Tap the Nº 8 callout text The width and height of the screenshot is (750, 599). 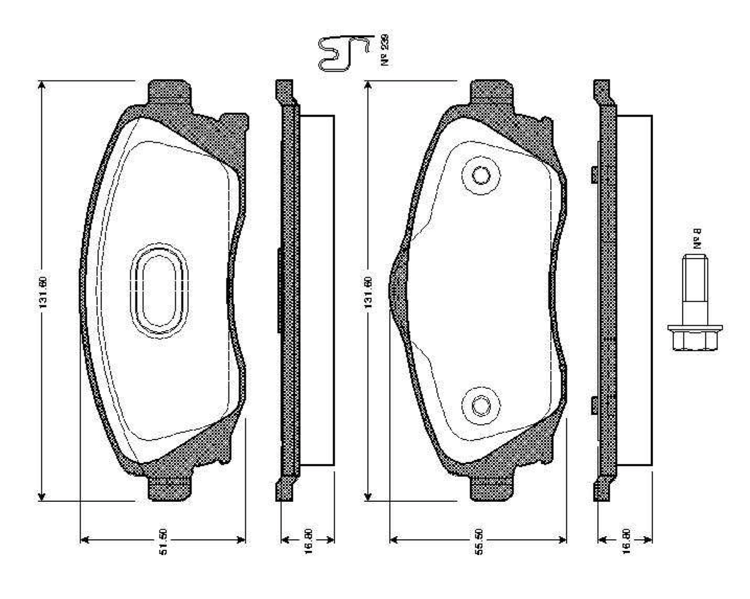click(x=698, y=240)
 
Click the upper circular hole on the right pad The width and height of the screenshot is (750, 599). click(x=481, y=175)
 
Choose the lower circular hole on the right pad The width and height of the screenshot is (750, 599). click(x=481, y=405)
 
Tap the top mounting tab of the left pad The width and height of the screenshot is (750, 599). click(x=170, y=91)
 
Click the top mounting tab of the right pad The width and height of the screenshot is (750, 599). click(x=493, y=91)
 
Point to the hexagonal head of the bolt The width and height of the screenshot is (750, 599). click(x=696, y=338)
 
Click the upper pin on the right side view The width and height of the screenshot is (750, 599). click(x=594, y=174)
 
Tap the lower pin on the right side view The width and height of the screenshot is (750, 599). click(x=594, y=404)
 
